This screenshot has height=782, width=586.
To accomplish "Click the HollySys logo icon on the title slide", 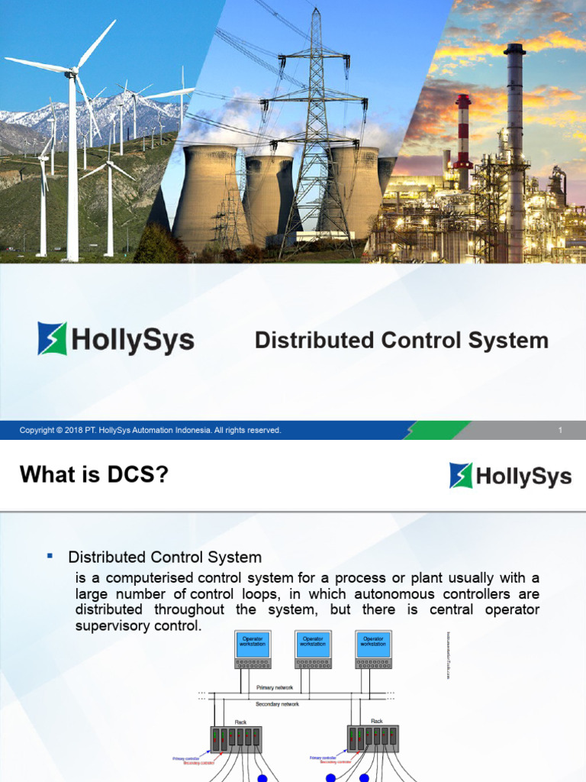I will point(52,338).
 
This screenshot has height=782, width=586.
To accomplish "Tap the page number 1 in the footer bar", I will point(560,431).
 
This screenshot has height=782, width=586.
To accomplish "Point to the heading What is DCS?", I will point(94,475).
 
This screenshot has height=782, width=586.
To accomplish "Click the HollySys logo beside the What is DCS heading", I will point(510,476).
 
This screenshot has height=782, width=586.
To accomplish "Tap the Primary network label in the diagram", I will point(276,687).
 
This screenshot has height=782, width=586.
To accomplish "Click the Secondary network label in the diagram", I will point(277,703).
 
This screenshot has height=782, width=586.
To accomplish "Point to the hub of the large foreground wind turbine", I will point(73,72).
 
